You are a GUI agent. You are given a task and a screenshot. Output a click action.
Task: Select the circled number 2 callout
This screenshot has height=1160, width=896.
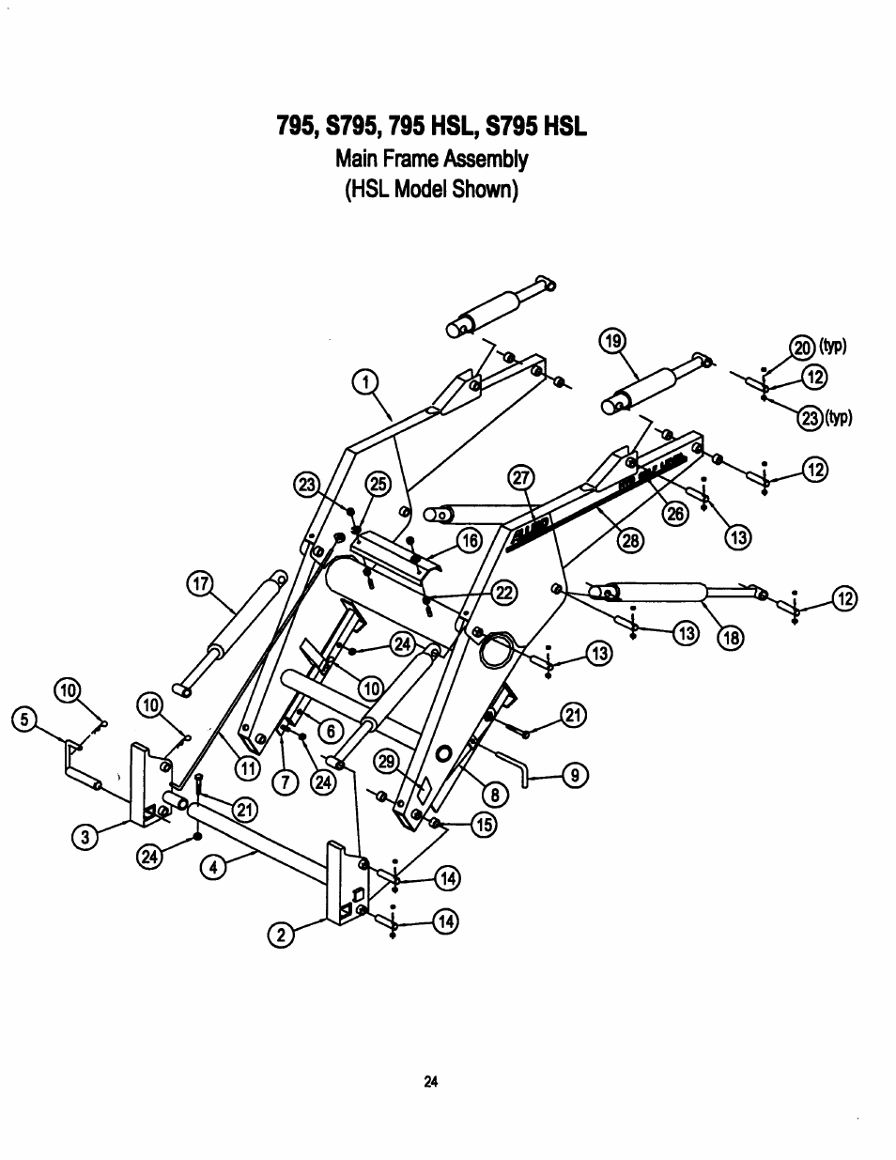[x=278, y=934]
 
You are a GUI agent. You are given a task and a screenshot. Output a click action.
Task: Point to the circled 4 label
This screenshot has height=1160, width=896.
[x=213, y=868]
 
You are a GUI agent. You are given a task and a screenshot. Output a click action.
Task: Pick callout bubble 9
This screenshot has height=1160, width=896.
[x=575, y=775]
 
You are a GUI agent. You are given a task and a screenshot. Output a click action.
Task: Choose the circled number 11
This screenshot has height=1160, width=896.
[x=247, y=767]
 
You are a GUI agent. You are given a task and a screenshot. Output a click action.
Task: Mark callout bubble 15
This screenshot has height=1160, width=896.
[x=484, y=825]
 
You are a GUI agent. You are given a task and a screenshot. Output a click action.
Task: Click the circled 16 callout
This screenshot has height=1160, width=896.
[x=469, y=539]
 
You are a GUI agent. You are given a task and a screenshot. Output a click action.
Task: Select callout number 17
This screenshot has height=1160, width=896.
[x=198, y=583]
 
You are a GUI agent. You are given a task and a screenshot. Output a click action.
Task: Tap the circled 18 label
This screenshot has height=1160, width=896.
[x=730, y=639]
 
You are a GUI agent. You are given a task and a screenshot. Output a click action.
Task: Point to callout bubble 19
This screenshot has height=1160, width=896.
[x=612, y=340]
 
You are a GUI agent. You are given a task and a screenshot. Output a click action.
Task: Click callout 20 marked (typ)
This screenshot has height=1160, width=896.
[x=803, y=348]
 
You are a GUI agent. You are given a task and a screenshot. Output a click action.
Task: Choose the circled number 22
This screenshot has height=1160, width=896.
[x=505, y=591]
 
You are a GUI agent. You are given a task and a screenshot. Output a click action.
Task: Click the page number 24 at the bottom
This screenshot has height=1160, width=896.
[x=431, y=1081]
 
